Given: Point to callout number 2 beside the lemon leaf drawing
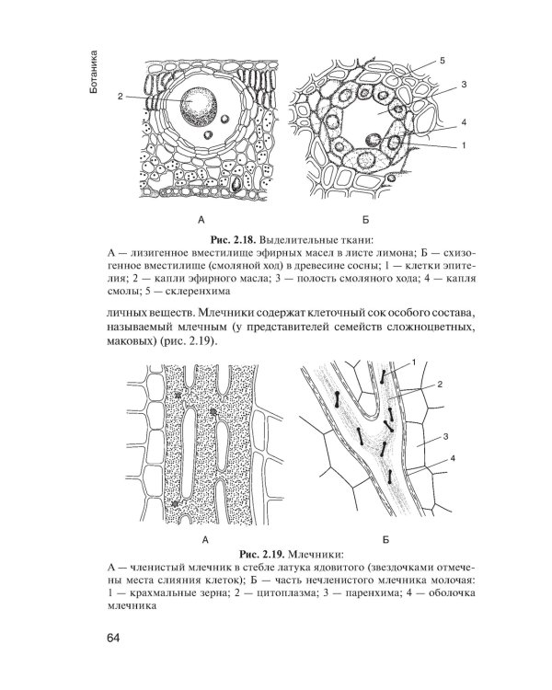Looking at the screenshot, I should (x=121, y=96).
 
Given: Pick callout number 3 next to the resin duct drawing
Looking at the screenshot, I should (x=465, y=85).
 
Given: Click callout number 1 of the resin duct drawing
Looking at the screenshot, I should (x=465, y=144).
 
